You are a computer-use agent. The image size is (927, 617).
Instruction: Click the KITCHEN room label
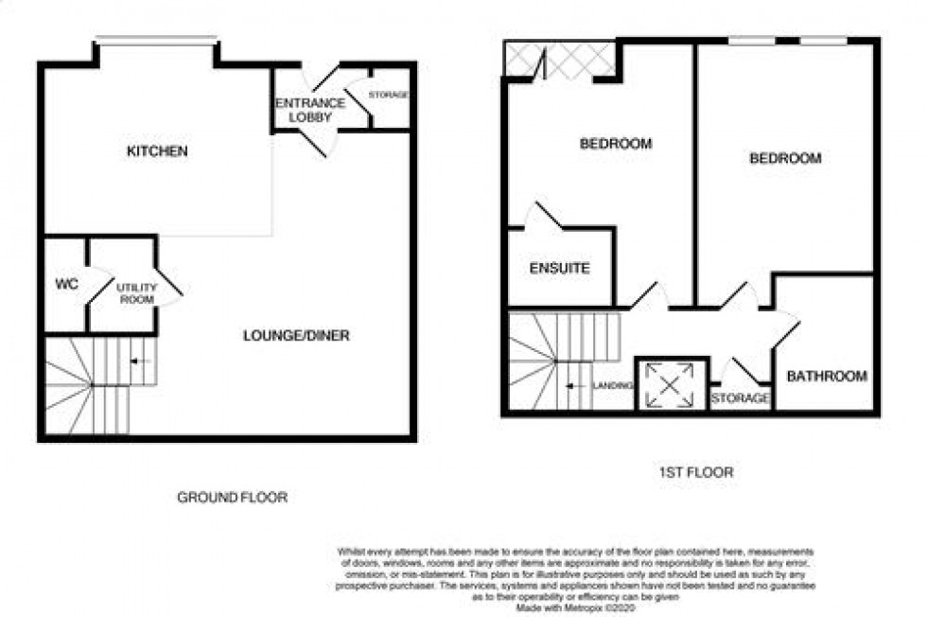click(x=158, y=151)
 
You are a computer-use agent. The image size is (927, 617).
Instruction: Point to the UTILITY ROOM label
click(x=133, y=290)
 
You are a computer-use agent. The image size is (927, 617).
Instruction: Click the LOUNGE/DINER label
click(x=296, y=336)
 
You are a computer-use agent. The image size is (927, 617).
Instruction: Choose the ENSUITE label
click(x=559, y=269)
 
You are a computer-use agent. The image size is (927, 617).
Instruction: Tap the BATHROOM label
click(x=826, y=377)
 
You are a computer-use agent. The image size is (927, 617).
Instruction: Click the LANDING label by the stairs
click(x=612, y=385)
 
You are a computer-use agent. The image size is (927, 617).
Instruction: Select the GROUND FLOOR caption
click(x=233, y=497)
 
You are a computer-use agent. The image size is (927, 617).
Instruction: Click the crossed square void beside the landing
click(x=670, y=385)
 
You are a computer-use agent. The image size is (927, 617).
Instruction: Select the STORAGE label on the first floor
click(x=740, y=398)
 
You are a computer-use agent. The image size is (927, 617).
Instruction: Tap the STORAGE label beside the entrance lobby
click(x=388, y=95)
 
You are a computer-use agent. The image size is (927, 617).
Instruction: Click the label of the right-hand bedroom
click(x=785, y=159)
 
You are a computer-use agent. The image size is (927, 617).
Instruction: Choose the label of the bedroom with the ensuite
click(x=615, y=145)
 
